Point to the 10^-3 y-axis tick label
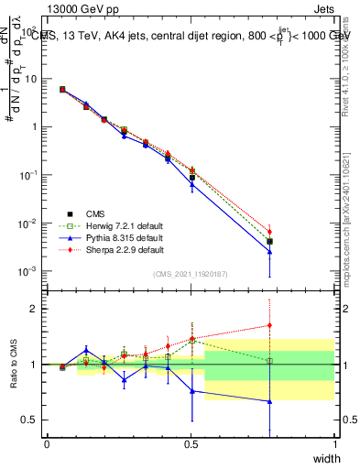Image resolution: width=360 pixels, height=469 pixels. pos(30,272)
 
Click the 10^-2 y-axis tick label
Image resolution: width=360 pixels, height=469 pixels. pos(30,224)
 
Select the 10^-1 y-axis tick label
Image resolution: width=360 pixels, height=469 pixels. pos(30,175)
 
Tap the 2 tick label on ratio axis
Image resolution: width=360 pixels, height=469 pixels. pos(37,309)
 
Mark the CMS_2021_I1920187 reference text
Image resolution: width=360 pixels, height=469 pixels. pos(191,274)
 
